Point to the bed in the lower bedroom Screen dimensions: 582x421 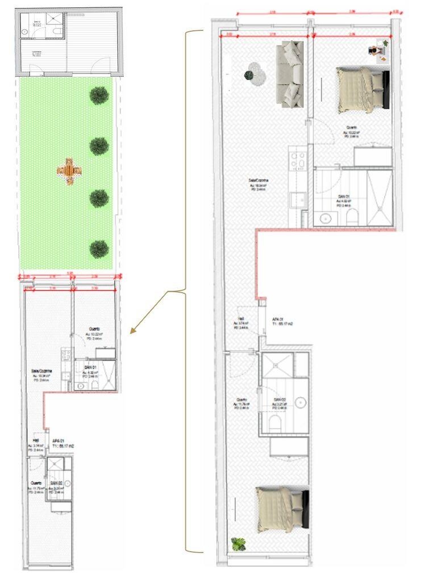coord(282,509)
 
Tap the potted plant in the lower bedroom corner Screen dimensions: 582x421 coord(237,544)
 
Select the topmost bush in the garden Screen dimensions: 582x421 coord(99,95)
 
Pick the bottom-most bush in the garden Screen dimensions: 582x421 coord(99,248)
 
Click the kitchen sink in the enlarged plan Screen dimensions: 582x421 coord(298,199)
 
